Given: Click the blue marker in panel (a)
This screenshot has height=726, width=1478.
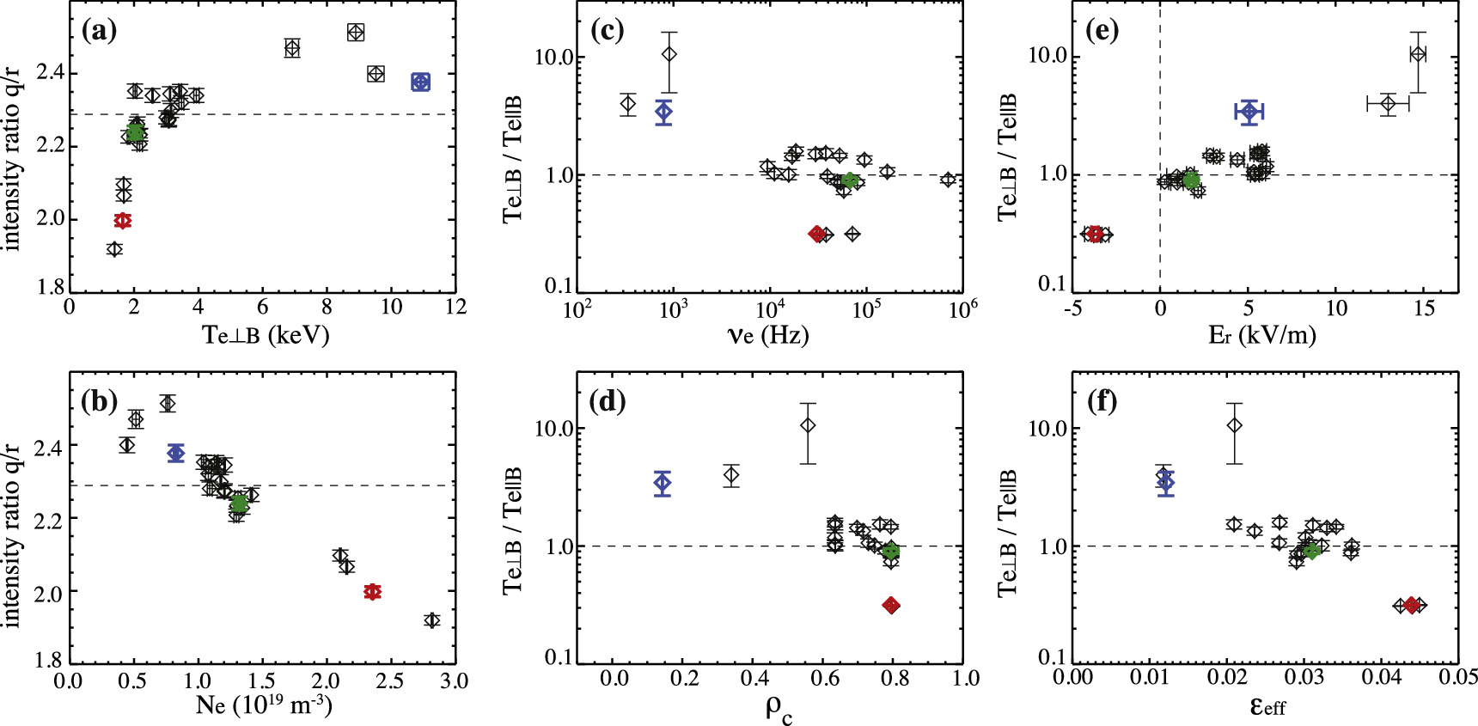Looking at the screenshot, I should (420, 82).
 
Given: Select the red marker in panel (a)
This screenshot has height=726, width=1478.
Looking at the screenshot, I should (123, 221).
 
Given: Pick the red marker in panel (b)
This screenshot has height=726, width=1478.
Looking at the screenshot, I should (372, 592).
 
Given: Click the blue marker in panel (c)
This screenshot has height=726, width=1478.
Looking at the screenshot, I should (663, 112).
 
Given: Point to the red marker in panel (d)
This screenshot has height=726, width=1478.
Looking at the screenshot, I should (891, 606).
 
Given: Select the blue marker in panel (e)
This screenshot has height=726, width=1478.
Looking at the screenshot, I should (1249, 112).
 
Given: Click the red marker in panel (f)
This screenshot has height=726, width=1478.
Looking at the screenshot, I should (1411, 606).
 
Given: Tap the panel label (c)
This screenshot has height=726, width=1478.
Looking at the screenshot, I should (608, 32).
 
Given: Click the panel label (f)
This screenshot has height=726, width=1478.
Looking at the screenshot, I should (1101, 401).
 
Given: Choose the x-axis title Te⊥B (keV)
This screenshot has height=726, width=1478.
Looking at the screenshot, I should (266, 335).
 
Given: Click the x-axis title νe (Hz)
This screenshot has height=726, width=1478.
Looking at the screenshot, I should (768, 335).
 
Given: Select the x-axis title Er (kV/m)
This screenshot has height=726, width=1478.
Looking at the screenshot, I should (1261, 335).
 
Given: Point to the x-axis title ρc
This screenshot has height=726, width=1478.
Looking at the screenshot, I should (779, 710).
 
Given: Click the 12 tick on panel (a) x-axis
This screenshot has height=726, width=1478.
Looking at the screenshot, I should (455, 308).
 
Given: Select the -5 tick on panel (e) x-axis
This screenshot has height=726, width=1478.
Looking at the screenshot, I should (1073, 308).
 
